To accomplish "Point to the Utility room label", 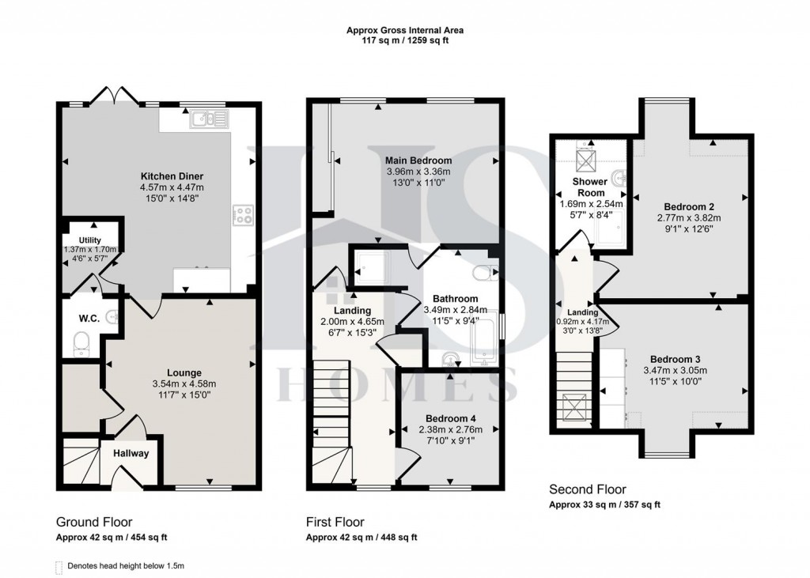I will point(90,240).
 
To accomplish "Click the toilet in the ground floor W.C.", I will point(80,342).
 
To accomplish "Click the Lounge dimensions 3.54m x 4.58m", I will point(184,384).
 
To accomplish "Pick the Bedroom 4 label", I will point(450,418).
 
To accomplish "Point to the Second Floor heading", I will point(588,489).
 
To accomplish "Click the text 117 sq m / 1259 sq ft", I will point(405,40).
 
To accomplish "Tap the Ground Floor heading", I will point(93,522).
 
